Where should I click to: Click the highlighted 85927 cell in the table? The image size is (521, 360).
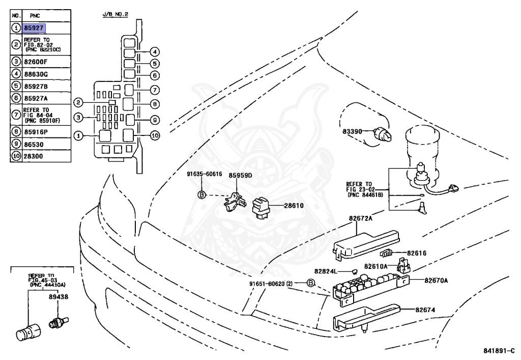tap(34, 28)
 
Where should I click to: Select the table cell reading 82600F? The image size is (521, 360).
tap(36, 62)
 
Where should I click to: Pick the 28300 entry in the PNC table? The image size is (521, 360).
tap(34, 156)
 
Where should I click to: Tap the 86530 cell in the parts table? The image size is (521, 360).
tap(34, 144)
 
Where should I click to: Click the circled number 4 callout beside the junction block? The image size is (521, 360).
tap(155, 52)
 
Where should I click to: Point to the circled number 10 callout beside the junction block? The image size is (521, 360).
tap(155, 135)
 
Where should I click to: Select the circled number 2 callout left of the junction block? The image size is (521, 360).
tap(78, 102)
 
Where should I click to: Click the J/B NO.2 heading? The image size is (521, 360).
tap(115, 14)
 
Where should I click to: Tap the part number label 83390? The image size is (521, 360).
tap(352, 131)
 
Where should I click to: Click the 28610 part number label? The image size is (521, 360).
tap(294, 205)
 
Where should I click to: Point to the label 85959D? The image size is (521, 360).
tap(240, 175)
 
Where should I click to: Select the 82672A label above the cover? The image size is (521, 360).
tap(361, 218)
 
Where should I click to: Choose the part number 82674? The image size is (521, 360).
tap(425, 310)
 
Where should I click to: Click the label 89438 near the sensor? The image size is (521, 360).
tap(59, 296)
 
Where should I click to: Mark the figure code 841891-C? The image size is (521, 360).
tap(499, 351)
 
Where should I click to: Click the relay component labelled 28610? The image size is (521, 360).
tap(262, 208)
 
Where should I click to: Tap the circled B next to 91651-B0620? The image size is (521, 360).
tap(310, 283)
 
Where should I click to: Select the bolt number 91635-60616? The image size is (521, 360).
tap(205, 174)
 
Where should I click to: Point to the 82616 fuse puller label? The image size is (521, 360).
tap(417, 253)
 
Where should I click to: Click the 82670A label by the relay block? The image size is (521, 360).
tap(436, 280)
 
